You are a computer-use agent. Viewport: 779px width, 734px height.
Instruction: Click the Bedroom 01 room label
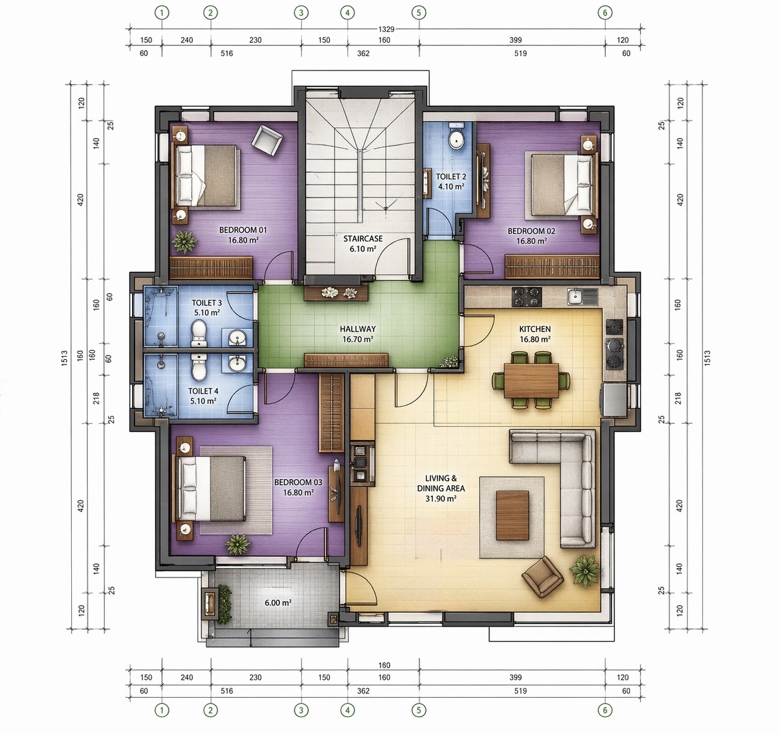click(x=243, y=235)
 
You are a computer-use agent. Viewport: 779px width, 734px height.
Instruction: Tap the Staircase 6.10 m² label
click(x=363, y=243)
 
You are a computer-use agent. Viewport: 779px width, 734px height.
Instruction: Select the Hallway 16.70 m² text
click(x=358, y=334)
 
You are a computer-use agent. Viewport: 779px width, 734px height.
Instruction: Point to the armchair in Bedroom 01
click(x=267, y=140)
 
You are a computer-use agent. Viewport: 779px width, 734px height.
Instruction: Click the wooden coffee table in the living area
click(x=512, y=515)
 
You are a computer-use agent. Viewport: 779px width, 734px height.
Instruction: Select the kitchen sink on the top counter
click(x=582, y=296)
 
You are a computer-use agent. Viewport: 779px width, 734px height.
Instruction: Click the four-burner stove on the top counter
click(x=527, y=297)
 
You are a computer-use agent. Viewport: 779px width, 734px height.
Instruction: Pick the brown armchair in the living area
click(x=543, y=577)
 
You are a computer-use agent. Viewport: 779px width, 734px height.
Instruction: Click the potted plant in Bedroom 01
click(x=184, y=241)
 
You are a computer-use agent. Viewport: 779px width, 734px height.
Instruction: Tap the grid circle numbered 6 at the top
click(x=605, y=13)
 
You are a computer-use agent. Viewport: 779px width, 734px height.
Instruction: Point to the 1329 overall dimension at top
click(x=386, y=29)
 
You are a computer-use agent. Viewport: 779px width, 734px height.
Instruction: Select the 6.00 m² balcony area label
click(x=278, y=603)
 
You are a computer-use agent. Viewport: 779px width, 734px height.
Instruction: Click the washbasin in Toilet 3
click(x=238, y=338)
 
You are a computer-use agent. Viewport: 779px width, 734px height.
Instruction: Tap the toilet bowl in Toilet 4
click(x=199, y=366)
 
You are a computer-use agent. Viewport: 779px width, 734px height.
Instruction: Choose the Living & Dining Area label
click(x=441, y=488)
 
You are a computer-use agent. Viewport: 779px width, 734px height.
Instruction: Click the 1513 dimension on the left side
click(x=65, y=358)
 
